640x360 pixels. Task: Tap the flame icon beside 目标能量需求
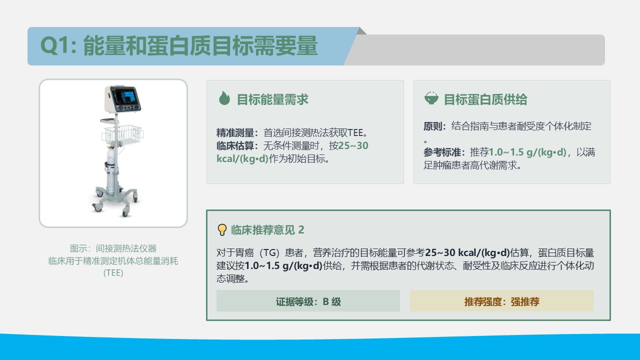pyautogui.click(x=224, y=98)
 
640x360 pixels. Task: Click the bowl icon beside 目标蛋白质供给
pyautogui.click(x=431, y=98)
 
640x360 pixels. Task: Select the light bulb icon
pyautogui.click(x=222, y=229)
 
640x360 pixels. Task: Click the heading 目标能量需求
pyautogui.click(x=272, y=99)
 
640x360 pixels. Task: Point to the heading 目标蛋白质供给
pyautogui.click(x=485, y=99)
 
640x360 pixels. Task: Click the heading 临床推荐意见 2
pyautogui.click(x=267, y=230)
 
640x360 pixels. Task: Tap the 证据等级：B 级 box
pyautogui.click(x=308, y=301)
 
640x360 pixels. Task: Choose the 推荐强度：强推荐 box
pyautogui.click(x=501, y=301)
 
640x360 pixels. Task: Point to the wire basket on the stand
pyautogui.click(x=122, y=134)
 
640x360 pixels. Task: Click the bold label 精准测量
pyautogui.click(x=235, y=133)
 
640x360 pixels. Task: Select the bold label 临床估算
pyautogui.click(x=235, y=145)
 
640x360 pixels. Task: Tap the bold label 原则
pyautogui.click(x=432, y=126)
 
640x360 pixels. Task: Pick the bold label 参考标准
pyautogui.click(x=442, y=152)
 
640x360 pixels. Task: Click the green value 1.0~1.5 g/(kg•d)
pyautogui.click(x=527, y=152)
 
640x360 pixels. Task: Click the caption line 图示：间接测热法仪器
pyautogui.click(x=113, y=248)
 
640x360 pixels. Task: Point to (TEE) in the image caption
pyautogui.click(x=113, y=273)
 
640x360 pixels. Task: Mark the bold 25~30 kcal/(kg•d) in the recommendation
pyautogui.click(x=467, y=253)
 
